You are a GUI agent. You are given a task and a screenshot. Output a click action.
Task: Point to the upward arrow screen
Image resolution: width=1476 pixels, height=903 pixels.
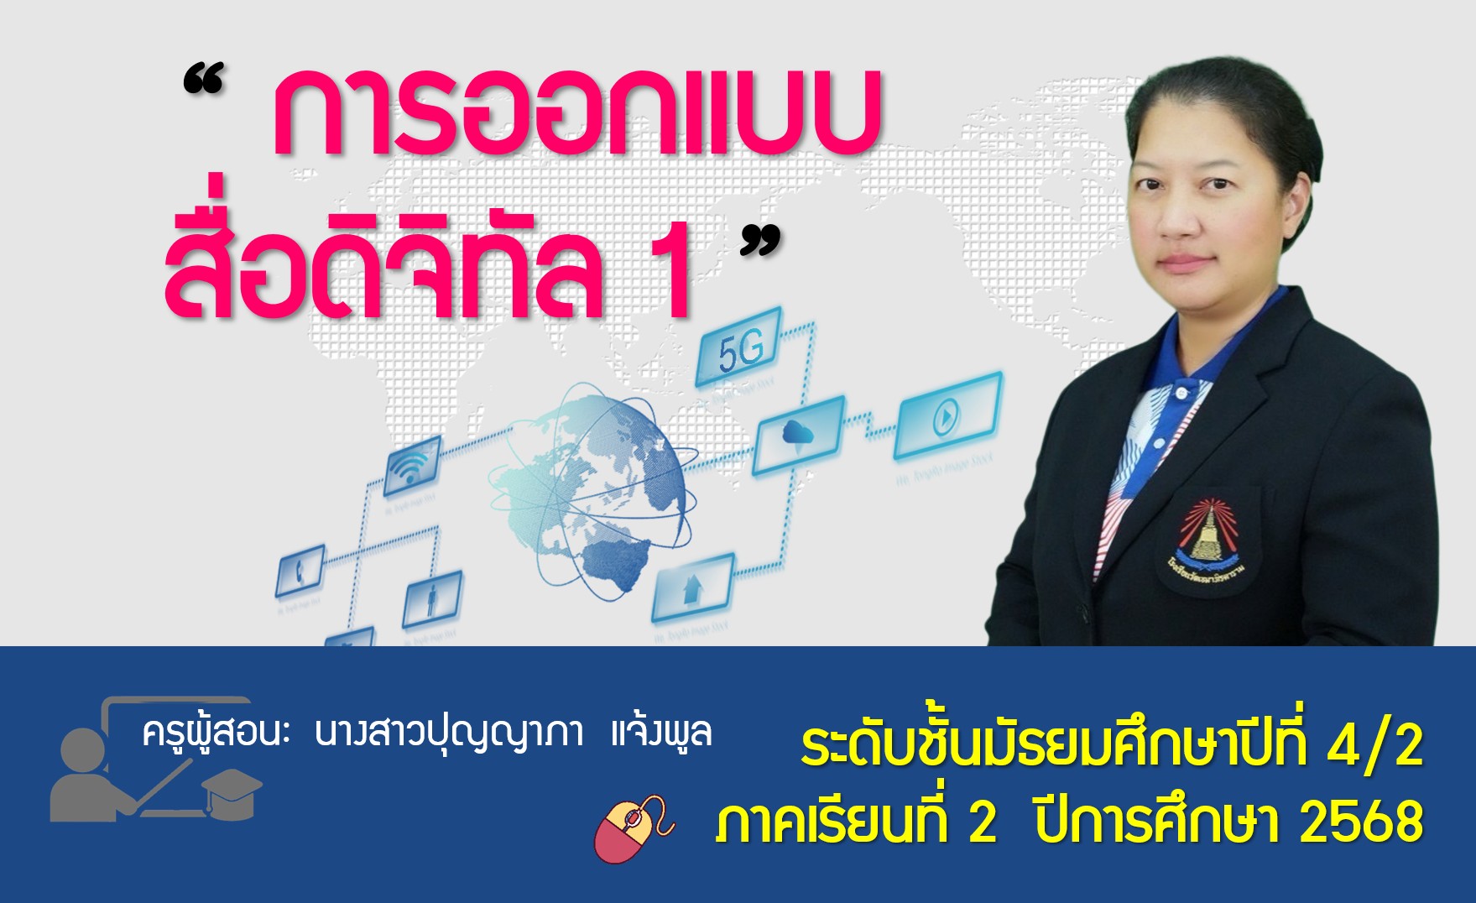tap(692, 586)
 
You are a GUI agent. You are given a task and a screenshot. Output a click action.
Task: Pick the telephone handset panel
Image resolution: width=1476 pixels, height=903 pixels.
tap(300, 572)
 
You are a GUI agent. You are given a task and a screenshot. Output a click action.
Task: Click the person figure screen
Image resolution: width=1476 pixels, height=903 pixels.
tap(432, 599)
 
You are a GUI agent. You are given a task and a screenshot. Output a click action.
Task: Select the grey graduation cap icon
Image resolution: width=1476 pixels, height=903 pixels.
tap(232, 791)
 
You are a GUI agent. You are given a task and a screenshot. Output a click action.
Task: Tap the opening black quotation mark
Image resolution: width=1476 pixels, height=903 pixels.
tap(204, 81)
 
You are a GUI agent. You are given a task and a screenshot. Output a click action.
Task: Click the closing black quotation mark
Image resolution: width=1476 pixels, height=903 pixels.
tap(760, 242)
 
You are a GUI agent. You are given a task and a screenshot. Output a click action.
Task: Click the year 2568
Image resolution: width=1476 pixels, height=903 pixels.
tap(1361, 822)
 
